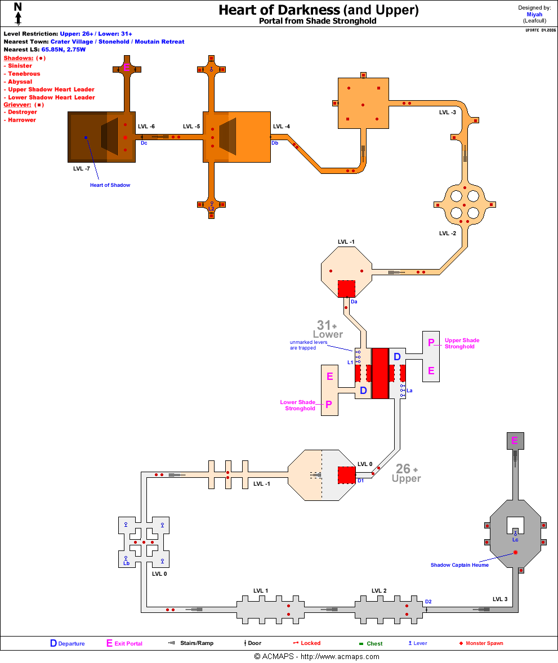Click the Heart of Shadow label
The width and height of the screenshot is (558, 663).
point(110,185)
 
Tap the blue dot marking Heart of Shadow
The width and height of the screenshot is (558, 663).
point(86,137)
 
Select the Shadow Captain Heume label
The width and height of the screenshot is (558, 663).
point(459,565)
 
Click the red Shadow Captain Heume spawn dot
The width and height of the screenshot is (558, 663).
point(515,553)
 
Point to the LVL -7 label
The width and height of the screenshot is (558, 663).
point(82,168)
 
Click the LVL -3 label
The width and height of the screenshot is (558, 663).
point(448,113)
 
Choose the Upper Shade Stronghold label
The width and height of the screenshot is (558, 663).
point(462,343)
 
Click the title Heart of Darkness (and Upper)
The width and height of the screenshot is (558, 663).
point(318,10)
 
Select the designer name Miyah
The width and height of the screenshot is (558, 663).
point(534,15)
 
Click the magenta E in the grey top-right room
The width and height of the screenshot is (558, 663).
point(514,440)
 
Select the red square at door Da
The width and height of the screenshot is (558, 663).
point(346,289)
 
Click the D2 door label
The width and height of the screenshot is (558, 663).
point(428,602)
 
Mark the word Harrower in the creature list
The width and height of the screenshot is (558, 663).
point(22,120)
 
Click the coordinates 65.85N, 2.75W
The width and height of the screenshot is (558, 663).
point(63,50)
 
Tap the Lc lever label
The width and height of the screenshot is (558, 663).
point(515,540)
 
